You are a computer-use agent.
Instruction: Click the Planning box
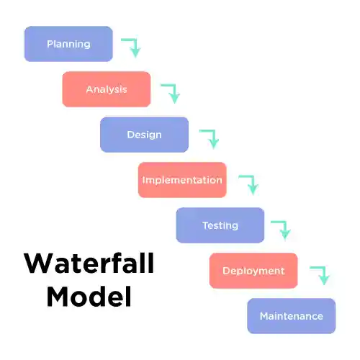click(x=68, y=44)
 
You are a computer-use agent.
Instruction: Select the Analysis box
click(x=107, y=89)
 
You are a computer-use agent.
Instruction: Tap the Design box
click(x=144, y=135)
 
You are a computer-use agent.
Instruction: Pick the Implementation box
click(x=182, y=180)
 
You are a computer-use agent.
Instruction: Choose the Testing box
click(x=220, y=225)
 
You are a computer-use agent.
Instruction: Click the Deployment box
click(x=253, y=271)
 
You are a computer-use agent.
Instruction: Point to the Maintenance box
click(x=291, y=316)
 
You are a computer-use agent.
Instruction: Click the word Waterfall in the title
click(x=89, y=263)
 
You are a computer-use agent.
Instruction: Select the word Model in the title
click(x=89, y=296)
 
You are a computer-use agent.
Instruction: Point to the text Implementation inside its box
click(x=182, y=180)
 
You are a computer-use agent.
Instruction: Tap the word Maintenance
click(x=291, y=316)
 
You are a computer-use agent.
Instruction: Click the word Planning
click(x=68, y=44)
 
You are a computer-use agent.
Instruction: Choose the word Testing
click(x=220, y=225)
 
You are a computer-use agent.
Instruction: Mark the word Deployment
click(x=253, y=271)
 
